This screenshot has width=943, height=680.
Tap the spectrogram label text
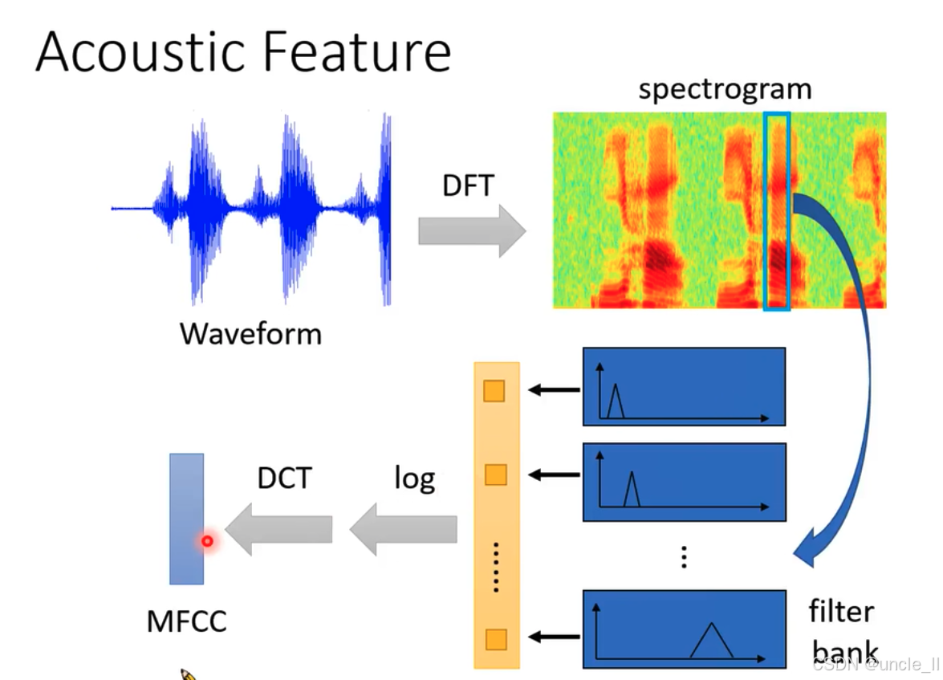pos(725,89)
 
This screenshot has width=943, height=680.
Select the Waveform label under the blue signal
pos(250,333)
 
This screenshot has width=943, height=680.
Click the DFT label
pos(468,186)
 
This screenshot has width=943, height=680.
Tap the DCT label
pos(283,478)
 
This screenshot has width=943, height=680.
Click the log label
pos(414,478)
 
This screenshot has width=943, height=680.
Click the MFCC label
pos(186,621)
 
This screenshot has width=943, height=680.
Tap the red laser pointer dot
pos(207,541)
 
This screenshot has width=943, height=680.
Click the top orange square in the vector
pos(494,391)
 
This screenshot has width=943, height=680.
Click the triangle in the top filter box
pos(616,401)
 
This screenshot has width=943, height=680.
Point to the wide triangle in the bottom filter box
pos(711,641)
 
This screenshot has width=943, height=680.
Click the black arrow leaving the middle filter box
pos(555,475)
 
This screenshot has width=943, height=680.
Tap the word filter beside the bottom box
pos(840,612)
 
